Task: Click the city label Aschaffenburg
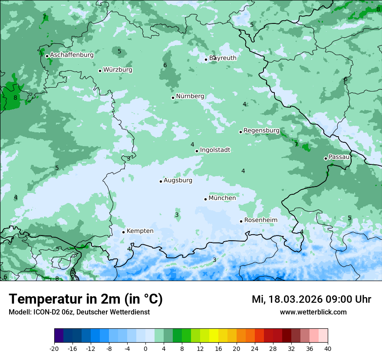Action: click(72, 55)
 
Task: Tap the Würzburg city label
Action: click(118, 70)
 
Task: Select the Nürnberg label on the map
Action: click(190, 96)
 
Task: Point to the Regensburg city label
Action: click(261, 131)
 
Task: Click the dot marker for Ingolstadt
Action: click(197, 151)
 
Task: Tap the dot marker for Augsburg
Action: click(161, 181)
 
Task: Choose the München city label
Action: click(222, 198)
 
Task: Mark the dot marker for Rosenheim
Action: click(241, 221)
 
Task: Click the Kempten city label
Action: click(140, 231)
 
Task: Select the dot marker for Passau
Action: click(326, 158)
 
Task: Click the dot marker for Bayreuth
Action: click(206, 59)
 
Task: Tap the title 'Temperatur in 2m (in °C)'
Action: click(86, 299)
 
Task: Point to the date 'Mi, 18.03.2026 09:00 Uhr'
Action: click(311, 299)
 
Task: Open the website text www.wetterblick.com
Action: click(313, 312)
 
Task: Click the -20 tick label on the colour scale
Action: click(54, 349)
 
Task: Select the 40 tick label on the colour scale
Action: click(327, 349)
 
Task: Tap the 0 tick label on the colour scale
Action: click(145, 349)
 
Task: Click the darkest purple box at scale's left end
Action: click(59, 336)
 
